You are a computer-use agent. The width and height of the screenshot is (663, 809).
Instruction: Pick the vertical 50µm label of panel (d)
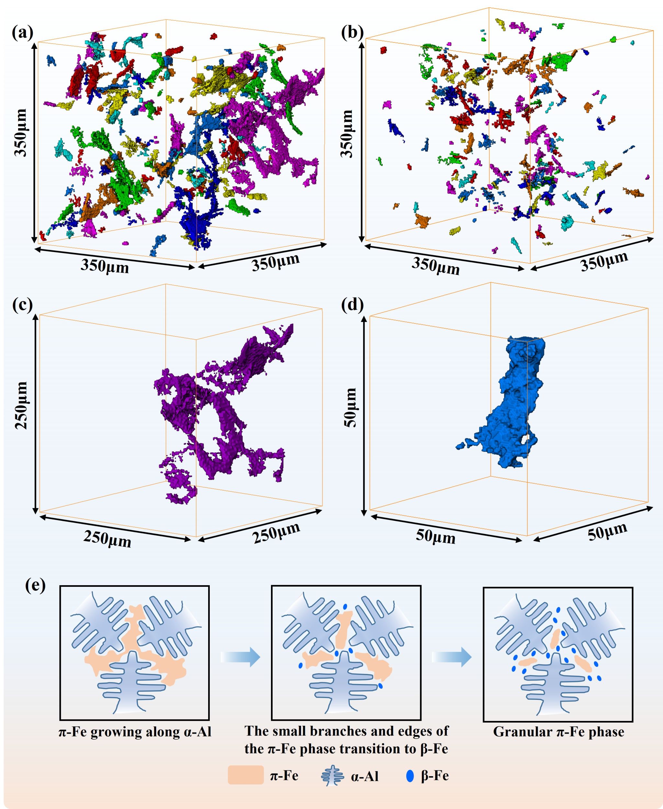point(350,407)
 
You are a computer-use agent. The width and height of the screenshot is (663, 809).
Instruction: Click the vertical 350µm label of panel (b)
point(348,134)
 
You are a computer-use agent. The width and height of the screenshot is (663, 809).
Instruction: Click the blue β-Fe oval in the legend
point(410,776)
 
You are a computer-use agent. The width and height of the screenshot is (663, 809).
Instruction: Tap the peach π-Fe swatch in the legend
point(246,775)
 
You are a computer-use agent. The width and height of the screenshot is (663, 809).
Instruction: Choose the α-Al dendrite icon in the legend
point(332,776)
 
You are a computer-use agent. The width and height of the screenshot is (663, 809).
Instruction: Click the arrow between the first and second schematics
point(241,657)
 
